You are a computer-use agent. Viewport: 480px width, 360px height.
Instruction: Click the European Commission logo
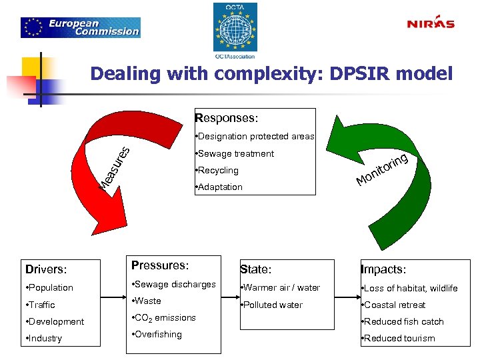click(x=81, y=27)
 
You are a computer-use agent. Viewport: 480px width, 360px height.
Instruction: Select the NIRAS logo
click(x=431, y=24)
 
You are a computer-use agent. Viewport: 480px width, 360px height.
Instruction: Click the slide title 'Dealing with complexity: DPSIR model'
click(x=271, y=73)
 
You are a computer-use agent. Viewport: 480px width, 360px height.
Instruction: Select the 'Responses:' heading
click(x=226, y=119)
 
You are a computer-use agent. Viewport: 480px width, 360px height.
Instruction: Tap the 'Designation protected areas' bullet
click(x=254, y=137)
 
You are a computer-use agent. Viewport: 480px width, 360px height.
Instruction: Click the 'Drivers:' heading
click(x=46, y=270)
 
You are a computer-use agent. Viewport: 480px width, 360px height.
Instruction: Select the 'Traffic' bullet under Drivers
click(x=41, y=305)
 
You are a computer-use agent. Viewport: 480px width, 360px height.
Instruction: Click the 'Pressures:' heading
click(x=161, y=265)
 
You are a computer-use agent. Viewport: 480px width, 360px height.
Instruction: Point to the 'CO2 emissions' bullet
click(x=165, y=318)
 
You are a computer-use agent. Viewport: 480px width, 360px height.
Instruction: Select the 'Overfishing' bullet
click(x=158, y=335)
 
